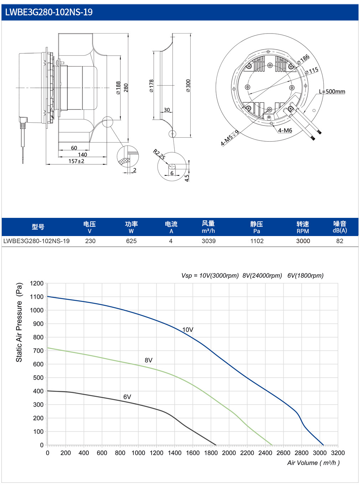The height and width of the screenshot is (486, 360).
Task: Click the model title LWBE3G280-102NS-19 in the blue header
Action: (49, 12)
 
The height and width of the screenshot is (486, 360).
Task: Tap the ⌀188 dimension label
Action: (118, 88)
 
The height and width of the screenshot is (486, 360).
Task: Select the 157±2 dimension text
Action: (76, 161)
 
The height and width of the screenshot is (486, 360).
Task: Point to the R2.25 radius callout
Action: (159, 154)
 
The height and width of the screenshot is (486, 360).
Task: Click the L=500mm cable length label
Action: (332, 91)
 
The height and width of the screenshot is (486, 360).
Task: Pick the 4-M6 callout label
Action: (285, 131)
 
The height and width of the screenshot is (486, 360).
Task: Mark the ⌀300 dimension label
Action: (188, 86)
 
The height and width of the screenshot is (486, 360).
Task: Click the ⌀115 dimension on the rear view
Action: (312, 71)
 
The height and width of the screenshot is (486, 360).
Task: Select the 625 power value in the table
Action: (131, 241)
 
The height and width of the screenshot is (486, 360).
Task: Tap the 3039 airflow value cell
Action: (209, 241)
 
